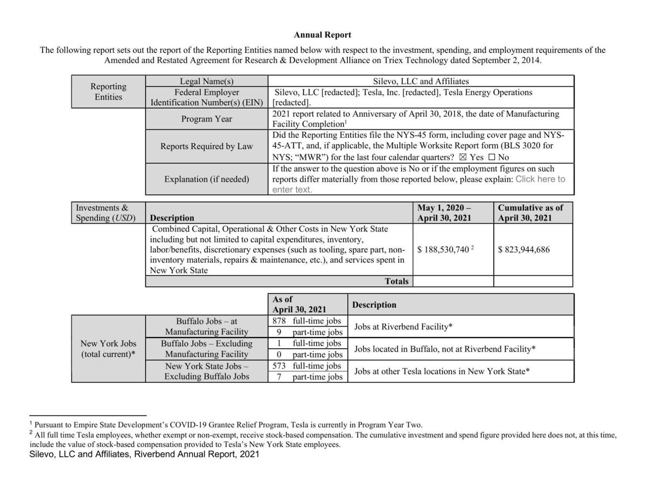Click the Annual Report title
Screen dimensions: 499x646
(322, 35)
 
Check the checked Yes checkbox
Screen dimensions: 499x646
(461, 157)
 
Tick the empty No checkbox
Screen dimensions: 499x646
(491, 157)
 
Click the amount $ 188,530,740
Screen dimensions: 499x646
(443, 250)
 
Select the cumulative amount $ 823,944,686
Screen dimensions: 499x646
(524, 250)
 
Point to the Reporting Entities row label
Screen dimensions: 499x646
(108, 92)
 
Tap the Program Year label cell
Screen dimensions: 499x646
(207, 119)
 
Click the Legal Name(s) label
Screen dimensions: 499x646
(207, 81)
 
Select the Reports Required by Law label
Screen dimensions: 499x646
(207, 146)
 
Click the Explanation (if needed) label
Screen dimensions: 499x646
(207, 179)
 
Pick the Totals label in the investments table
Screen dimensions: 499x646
(397, 281)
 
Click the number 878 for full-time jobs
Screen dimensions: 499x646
(279, 321)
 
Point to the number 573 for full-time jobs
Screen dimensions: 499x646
(279, 366)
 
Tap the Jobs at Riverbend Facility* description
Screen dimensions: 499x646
(401, 327)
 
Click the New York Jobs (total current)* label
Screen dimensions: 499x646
(108, 349)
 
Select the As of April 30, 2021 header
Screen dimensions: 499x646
(299, 305)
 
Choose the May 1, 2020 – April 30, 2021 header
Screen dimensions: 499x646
(444, 213)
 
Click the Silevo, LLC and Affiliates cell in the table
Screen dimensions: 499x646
(421, 81)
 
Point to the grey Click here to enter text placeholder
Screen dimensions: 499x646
(540, 179)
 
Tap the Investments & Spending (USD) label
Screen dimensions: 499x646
(106, 213)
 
